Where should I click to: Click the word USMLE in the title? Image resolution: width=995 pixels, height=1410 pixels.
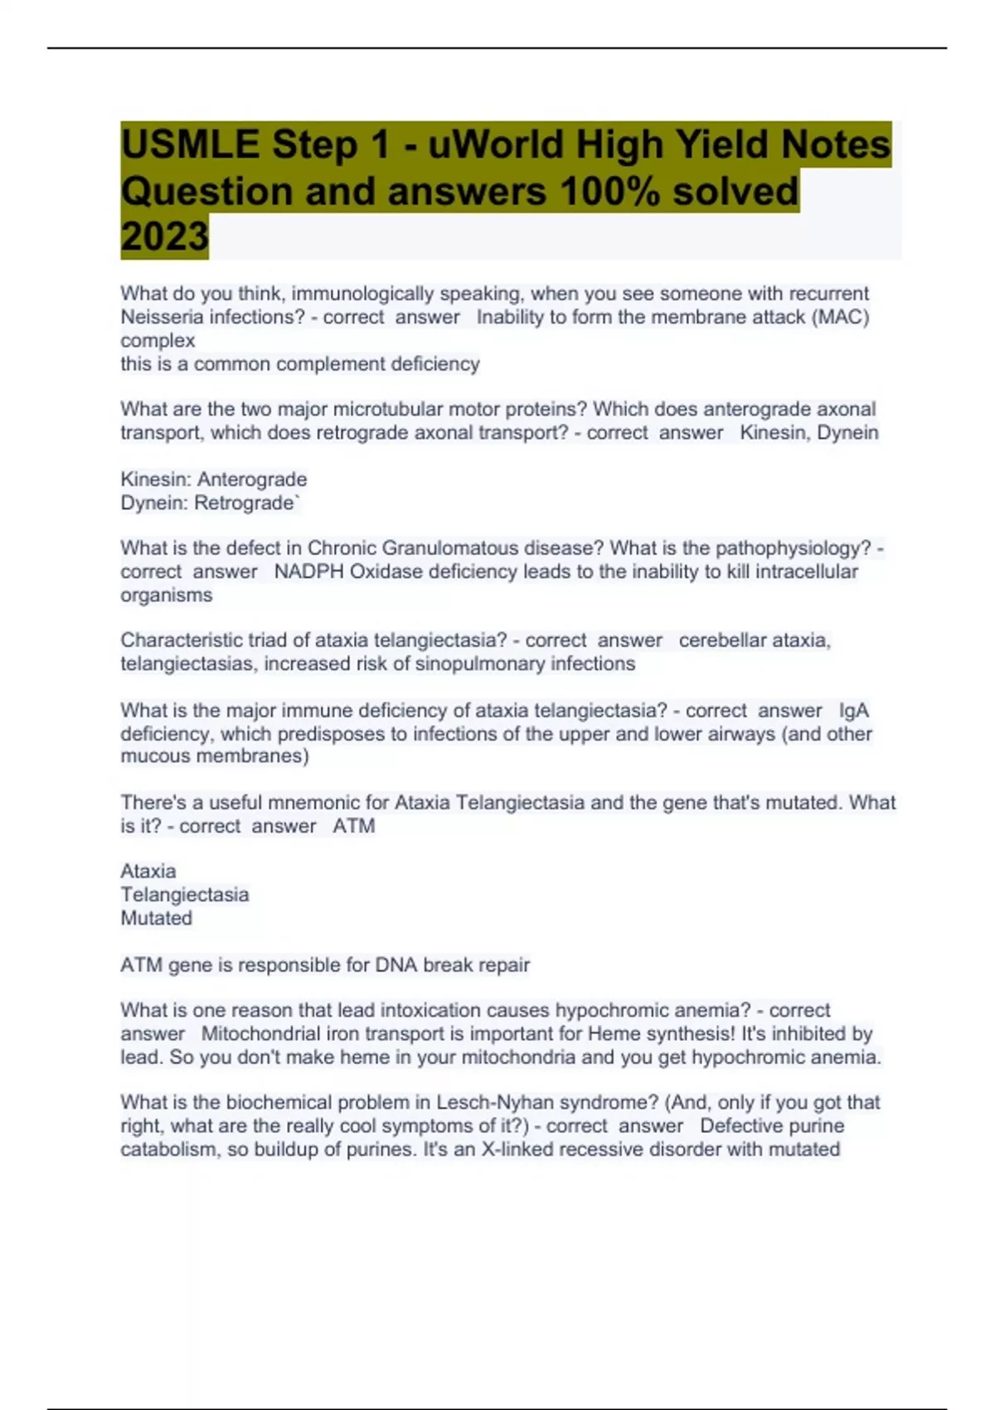[x=190, y=145]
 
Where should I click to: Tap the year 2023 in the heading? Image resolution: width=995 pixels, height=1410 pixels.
[x=164, y=237]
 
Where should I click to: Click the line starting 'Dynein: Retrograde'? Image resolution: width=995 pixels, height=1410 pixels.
[x=210, y=503]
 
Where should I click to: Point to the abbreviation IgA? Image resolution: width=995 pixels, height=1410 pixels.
[x=854, y=711]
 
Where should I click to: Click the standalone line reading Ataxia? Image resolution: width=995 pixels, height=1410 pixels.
[x=148, y=871]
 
